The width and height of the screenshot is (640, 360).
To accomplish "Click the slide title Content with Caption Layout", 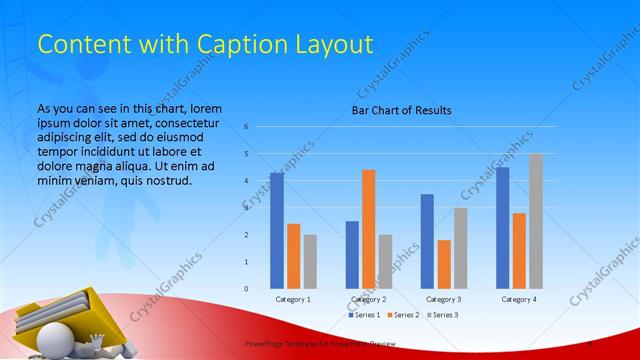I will (x=205, y=44).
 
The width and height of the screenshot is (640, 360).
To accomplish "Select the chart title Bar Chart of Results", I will (x=401, y=110).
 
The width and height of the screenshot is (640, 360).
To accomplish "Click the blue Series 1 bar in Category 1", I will (x=276, y=230).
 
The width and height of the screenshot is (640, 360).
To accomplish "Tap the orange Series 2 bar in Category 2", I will (x=368, y=229).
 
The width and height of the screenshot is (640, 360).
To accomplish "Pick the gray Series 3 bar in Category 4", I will (x=536, y=221).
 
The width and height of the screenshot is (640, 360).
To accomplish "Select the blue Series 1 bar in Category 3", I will (x=427, y=241).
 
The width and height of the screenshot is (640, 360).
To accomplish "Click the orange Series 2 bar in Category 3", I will (x=443, y=264).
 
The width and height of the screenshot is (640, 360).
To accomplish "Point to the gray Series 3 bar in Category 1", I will (x=310, y=261).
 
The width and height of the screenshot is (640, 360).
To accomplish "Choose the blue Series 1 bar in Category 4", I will (x=502, y=227).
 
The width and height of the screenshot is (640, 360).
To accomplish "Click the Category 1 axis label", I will (x=293, y=299).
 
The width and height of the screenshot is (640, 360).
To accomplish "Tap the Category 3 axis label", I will (x=443, y=299).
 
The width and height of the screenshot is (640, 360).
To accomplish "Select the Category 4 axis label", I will (x=519, y=299).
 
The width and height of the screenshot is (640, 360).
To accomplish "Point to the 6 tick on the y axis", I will (x=246, y=127).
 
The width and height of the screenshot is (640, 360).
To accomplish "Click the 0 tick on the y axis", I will (x=246, y=289).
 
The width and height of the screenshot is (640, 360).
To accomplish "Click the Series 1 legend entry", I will (x=363, y=315).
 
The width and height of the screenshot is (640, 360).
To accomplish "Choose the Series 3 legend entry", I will (x=443, y=315).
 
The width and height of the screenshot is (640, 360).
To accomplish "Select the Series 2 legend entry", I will (x=403, y=315).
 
